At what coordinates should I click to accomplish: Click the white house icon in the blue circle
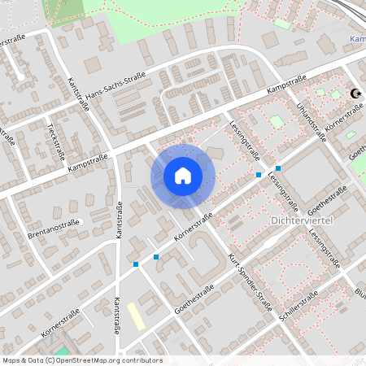(x=183, y=175)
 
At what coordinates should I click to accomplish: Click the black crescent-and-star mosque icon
(x=355, y=94)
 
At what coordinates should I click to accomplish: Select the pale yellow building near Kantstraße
(x=137, y=316)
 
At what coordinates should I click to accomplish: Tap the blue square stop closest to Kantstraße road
(x=135, y=264)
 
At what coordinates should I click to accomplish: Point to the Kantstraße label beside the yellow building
(x=116, y=316)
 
